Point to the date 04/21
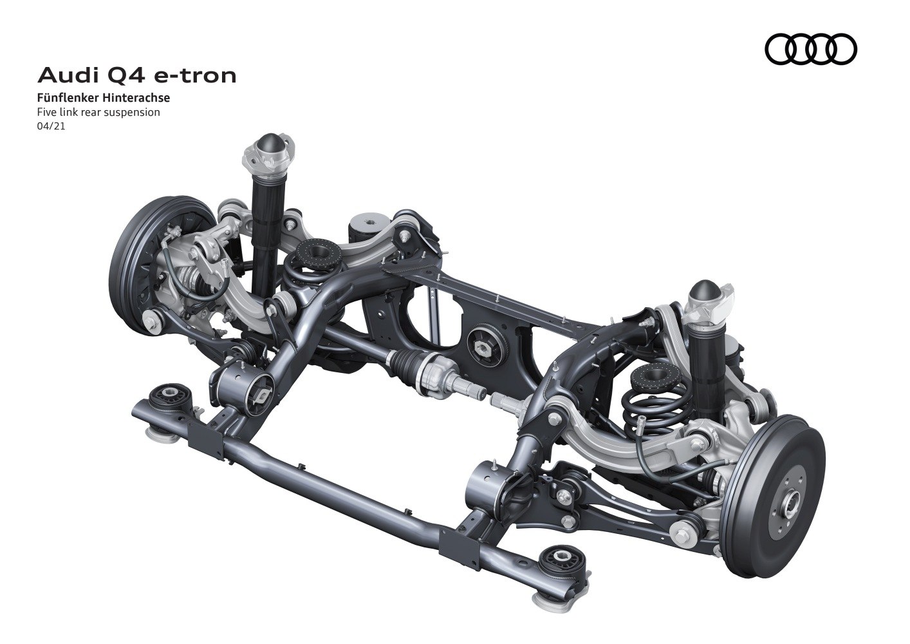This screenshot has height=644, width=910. (51, 126)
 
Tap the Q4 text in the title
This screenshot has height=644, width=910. (126, 75)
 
